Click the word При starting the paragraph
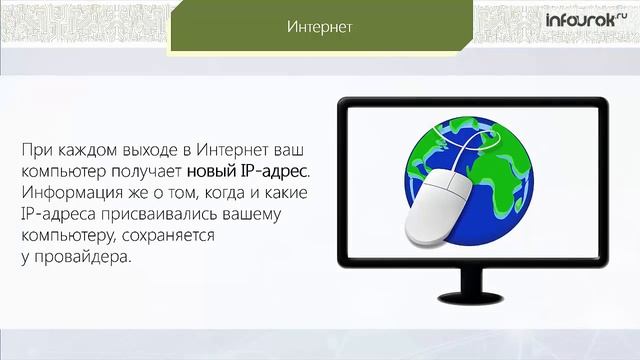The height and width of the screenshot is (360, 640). point(34,150)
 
